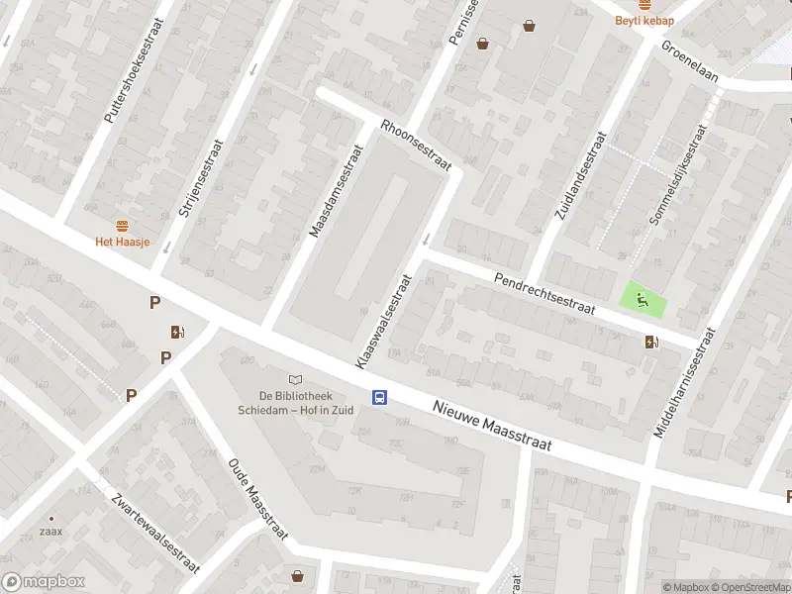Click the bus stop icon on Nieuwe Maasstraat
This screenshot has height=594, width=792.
[x=379, y=397]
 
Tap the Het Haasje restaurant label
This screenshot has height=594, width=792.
[x=122, y=241]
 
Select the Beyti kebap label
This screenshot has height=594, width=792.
[x=643, y=20]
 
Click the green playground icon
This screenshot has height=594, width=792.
[x=643, y=299]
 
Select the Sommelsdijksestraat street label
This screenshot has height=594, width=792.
[x=676, y=176]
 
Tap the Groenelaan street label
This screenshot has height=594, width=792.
[x=690, y=61]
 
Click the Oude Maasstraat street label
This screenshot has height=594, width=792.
[x=257, y=499]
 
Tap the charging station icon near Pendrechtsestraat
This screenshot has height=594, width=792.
[x=650, y=343]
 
